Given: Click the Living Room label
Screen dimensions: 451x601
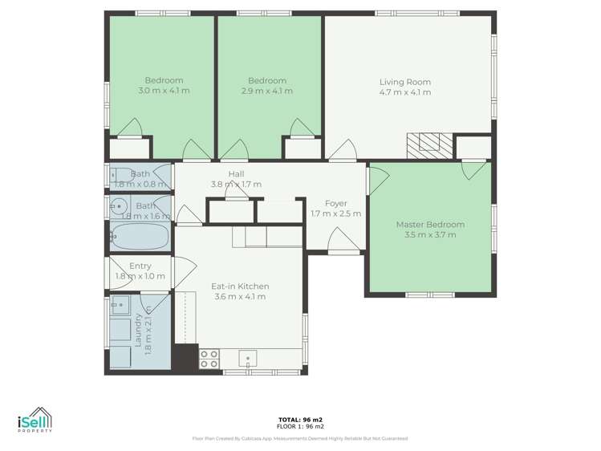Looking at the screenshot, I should (405, 82).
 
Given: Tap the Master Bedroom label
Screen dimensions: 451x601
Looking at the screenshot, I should (430, 225).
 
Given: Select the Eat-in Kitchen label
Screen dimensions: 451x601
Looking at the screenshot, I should (240, 286).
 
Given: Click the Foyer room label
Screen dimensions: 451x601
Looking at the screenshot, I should (335, 203).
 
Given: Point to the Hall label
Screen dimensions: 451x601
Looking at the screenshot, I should (236, 174).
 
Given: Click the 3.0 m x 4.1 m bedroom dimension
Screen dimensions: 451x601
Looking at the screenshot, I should (164, 91).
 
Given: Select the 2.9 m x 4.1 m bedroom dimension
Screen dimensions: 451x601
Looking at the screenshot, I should (267, 91).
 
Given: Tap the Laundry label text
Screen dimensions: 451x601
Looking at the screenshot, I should (138, 329).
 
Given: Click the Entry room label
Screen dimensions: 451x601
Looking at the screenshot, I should (140, 266).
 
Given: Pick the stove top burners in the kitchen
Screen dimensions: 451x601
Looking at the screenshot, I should (209, 359).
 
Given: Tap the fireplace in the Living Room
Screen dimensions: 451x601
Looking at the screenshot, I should (428, 143).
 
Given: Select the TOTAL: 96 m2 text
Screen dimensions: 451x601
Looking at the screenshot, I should (300, 420).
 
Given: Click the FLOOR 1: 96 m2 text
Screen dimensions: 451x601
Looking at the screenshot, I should (300, 427).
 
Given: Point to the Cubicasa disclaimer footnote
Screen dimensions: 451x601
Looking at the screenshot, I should (300, 438).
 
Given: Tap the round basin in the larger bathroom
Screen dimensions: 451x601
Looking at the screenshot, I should (118, 205).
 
